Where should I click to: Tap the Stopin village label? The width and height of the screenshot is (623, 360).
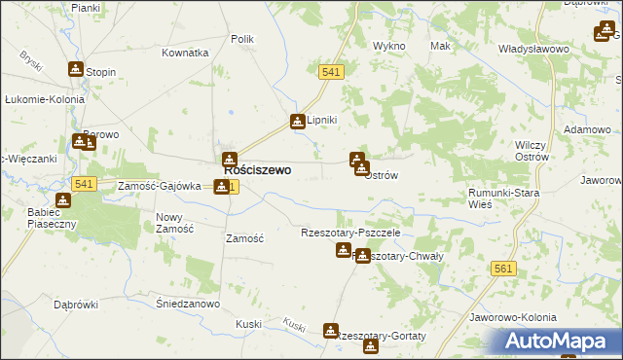coord(100,72)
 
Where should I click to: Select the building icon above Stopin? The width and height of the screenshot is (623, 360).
coord(76,69)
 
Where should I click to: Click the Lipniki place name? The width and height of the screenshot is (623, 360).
coord(321,121)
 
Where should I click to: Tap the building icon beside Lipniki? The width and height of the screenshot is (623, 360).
coord(297,122)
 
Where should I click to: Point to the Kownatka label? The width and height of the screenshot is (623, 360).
coord(186,53)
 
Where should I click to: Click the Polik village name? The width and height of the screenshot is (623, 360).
coord(241,39)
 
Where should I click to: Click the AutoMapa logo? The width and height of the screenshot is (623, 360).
coord(564,342)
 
